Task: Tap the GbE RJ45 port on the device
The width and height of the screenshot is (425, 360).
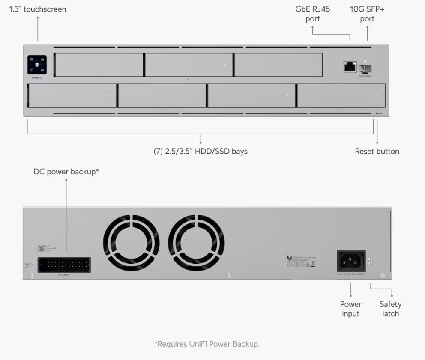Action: coord(350,66)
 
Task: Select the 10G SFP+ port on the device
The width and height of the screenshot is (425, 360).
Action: coord(365,68)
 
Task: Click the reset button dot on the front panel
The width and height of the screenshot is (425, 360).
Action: coord(377,113)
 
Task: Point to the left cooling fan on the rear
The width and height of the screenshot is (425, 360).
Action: coord(131,243)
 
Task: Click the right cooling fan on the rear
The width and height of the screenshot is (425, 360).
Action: coord(196,243)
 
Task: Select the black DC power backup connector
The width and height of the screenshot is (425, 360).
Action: coord(64,265)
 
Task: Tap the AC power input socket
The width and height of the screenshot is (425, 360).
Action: coord(351,260)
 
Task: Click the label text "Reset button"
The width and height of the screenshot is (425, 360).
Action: coord(377,151)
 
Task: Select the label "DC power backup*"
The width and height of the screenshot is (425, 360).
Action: coord(66,172)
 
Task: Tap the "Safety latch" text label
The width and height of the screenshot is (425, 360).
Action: coord(390,309)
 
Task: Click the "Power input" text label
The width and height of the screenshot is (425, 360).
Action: coord(351,309)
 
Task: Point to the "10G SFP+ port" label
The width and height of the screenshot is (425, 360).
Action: coord(367,14)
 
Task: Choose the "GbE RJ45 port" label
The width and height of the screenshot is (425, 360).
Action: coord(312,14)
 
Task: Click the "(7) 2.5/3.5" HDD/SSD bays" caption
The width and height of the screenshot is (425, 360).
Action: coord(201,151)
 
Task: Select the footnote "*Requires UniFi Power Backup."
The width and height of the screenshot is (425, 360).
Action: coord(207,344)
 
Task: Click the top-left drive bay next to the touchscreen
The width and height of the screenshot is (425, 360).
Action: coord(99,65)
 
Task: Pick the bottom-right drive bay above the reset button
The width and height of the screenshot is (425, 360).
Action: coord(341,96)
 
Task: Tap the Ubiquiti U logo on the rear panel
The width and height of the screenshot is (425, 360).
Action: coord(290,258)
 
